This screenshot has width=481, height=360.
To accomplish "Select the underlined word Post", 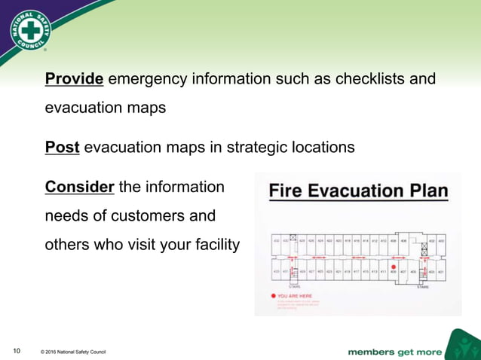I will pos(62,148).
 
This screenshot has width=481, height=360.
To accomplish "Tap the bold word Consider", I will pos(80,186).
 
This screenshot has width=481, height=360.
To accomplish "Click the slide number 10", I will pos(15,350).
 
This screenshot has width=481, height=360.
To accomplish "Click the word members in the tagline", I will pos(375,351).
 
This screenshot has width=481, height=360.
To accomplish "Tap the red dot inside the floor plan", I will pos(393,266).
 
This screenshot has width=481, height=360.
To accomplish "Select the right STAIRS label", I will pos(422,286).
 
